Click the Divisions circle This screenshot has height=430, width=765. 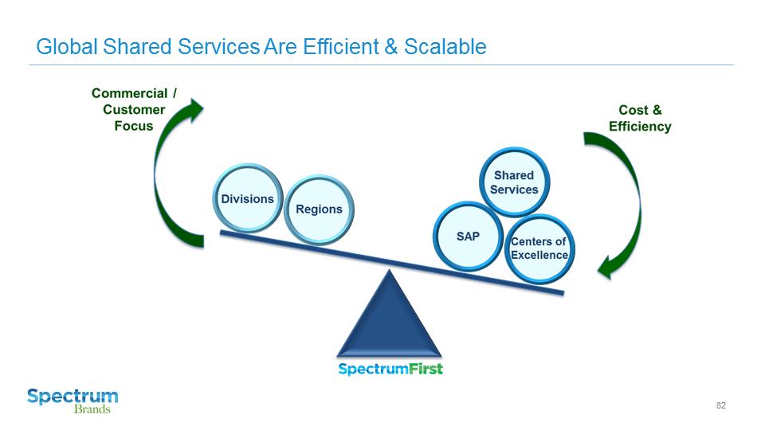click(x=247, y=198)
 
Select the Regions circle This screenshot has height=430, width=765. click(x=319, y=209)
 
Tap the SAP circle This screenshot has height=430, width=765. click(x=468, y=236)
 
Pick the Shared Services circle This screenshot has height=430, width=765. click(x=514, y=182)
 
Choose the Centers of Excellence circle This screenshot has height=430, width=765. click(x=539, y=248)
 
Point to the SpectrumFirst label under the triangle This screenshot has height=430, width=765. click(x=390, y=369)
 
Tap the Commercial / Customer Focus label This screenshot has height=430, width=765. click(x=134, y=110)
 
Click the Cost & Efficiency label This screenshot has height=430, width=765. click(x=640, y=119)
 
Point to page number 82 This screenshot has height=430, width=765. click(x=721, y=406)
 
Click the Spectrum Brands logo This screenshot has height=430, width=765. click(x=73, y=401)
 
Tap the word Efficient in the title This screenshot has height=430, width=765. click(x=339, y=47)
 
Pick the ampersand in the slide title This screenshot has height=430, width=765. click(x=390, y=47)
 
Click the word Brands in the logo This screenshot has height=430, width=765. click(x=92, y=409)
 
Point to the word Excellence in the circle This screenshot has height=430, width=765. click(x=539, y=255)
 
